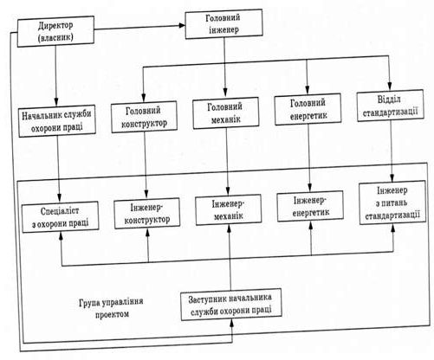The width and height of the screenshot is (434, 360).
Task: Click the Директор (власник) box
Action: (55, 31)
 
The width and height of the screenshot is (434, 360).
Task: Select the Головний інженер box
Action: (223, 23)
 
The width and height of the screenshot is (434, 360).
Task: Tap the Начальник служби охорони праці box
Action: (57, 121)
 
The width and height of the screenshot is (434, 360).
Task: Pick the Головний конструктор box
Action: (144, 117)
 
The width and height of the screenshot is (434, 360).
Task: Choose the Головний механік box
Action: (225, 112)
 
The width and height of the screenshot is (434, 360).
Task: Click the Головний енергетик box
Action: (308, 109)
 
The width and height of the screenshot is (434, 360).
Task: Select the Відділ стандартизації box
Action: (391, 106)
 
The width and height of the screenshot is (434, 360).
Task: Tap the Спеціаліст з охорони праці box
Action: (61, 217)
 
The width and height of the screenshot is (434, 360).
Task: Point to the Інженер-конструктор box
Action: (147, 214)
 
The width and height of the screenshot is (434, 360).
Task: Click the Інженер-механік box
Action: (229, 209)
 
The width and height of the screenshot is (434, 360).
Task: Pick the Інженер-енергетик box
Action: (310, 206)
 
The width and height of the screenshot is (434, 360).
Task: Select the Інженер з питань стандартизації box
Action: (392, 202)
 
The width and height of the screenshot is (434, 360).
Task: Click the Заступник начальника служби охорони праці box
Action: (231, 305)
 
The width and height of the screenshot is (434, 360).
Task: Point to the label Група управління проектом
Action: (112, 308)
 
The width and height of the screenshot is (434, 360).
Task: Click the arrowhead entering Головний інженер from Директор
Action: (182, 26)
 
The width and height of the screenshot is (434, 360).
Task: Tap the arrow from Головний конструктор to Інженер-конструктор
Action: (146, 165)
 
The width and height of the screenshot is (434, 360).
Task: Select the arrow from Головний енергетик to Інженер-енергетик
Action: (309, 157)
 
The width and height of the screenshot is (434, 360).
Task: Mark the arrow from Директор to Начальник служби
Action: (56, 75)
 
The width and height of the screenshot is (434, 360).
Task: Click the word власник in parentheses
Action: (55, 38)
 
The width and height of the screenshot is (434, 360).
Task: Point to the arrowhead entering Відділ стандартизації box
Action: (390, 87)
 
